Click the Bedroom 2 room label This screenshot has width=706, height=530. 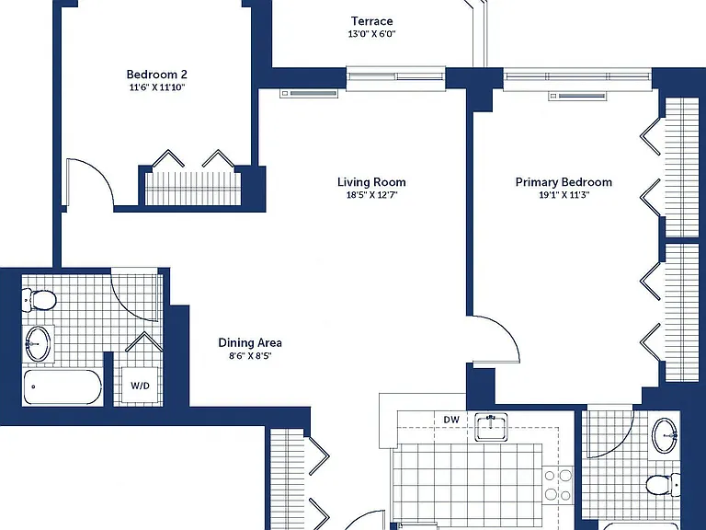click(x=156, y=75)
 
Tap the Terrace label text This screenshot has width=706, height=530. click(x=372, y=21)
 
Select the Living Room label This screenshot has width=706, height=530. click(x=371, y=182)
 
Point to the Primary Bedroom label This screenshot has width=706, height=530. click(x=564, y=182)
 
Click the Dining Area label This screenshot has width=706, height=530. click(x=250, y=342)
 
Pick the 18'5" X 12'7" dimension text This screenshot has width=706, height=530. click(x=372, y=195)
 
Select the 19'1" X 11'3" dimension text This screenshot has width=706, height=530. click(x=564, y=195)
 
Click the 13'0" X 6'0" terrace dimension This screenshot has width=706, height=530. click(x=372, y=34)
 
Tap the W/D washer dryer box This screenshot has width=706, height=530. click(x=140, y=386)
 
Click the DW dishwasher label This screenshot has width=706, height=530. click(x=451, y=420)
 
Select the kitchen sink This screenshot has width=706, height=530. click(x=491, y=427)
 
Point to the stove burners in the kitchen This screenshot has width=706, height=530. click(x=558, y=485)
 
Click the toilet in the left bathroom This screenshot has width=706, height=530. click(x=39, y=300)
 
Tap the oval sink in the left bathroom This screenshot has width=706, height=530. click(x=38, y=343)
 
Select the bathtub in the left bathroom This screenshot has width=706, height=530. click(x=63, y=387)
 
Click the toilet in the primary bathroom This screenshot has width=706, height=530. click(x=662, y=486)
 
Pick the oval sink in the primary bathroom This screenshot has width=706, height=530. click(x=665, y=435)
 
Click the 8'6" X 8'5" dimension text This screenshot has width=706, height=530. click(x=250, y=356)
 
